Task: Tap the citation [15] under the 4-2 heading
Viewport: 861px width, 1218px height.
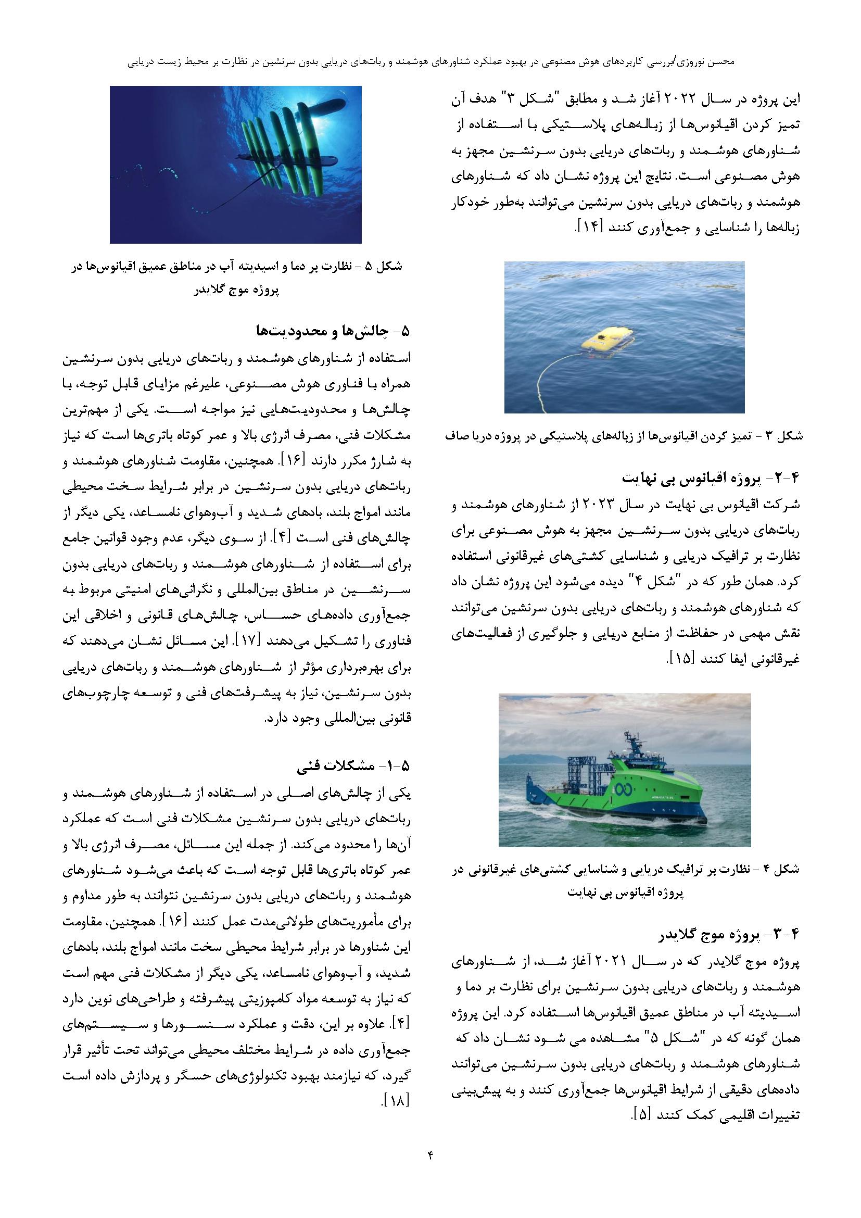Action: click(x=680, y=659)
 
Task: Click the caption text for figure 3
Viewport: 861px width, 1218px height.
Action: click(x=624, y=436)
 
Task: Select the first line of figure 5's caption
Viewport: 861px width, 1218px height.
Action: click(x=235, y=267)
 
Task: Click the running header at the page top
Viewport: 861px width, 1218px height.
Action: click(x=430, y=62)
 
